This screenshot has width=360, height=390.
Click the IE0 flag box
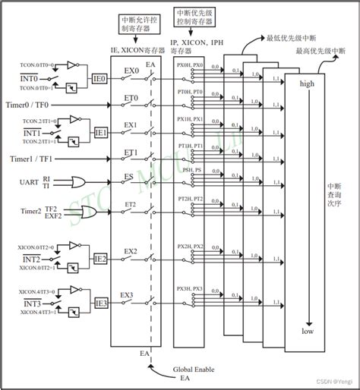point(99,77)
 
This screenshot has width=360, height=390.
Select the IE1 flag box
point(99,132)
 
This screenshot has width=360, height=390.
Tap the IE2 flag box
point(99,259)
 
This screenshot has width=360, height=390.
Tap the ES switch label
point(129,175)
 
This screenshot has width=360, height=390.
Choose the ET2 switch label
point(129,205)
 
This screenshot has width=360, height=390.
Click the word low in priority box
point(308,332)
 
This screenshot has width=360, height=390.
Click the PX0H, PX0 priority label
point(190,67)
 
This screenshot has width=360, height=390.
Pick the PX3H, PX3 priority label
point(190,289)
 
